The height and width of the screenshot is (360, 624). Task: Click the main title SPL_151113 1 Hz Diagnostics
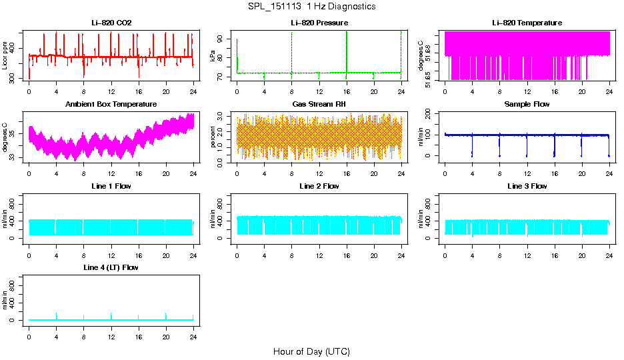coord(311,7)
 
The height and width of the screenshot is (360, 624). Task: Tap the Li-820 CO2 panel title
coord(111,23)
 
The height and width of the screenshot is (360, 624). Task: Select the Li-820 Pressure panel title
coord(319,23)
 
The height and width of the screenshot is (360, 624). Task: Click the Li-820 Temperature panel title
coord(527,23)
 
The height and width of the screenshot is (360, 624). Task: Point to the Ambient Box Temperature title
coord(111,104)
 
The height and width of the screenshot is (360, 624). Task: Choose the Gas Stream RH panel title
coord(319,104)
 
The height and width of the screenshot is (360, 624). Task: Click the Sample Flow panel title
coord(527,104)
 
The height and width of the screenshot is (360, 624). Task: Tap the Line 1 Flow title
coord(111,186)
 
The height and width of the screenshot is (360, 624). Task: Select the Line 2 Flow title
coord(319,186)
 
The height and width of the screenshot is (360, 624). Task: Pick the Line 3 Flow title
coord(527,186)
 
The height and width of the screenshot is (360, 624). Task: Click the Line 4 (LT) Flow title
coord(111,267)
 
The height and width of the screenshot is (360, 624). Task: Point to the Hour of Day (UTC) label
coord(311,351)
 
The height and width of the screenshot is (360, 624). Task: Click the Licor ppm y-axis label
coord(5,56)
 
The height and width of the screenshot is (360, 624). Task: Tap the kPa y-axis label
coord(213,56)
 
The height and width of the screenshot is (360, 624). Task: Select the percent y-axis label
coord(213,137)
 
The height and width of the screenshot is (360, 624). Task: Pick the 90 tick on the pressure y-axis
coord(223,40)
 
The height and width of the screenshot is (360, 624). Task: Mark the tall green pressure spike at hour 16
coord(347,47)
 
